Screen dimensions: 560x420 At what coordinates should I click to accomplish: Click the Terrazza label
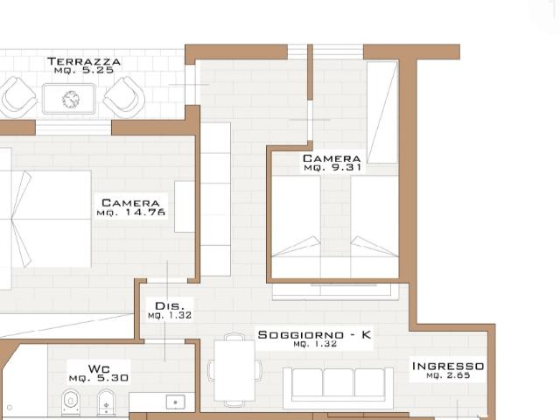click(84, 61)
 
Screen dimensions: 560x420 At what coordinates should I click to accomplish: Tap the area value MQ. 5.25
click(84, 70)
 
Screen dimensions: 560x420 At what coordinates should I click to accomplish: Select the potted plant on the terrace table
click(70, 99)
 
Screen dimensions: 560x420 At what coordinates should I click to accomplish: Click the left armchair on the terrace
click(18, 97)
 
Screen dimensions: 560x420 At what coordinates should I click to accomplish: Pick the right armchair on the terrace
click(124, 97)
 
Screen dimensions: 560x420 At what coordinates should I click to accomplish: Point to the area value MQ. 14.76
click(131, 213)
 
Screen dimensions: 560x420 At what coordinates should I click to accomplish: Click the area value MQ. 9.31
click(332, 167)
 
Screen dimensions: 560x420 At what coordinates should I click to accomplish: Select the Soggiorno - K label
click(315, 334)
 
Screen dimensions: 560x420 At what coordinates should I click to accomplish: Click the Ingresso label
click(448, 366)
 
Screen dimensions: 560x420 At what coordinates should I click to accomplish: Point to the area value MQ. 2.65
click(448, 375)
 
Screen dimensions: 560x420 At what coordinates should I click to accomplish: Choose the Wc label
click(99, 368)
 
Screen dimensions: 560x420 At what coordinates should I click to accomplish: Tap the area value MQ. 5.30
click(99, 378)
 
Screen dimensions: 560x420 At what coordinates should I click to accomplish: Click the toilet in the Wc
click(71, 402)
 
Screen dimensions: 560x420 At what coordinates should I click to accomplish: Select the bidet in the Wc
click(106, 402)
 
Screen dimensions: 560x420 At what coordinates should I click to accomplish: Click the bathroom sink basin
click(175, 402)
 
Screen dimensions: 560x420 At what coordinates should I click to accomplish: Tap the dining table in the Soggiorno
click(234, 370)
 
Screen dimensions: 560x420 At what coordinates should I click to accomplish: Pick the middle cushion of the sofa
click(339, 382)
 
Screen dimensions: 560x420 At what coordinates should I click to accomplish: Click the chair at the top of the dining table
click(234, 337)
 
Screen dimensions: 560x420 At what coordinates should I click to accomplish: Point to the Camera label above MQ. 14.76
click(130, 203)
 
